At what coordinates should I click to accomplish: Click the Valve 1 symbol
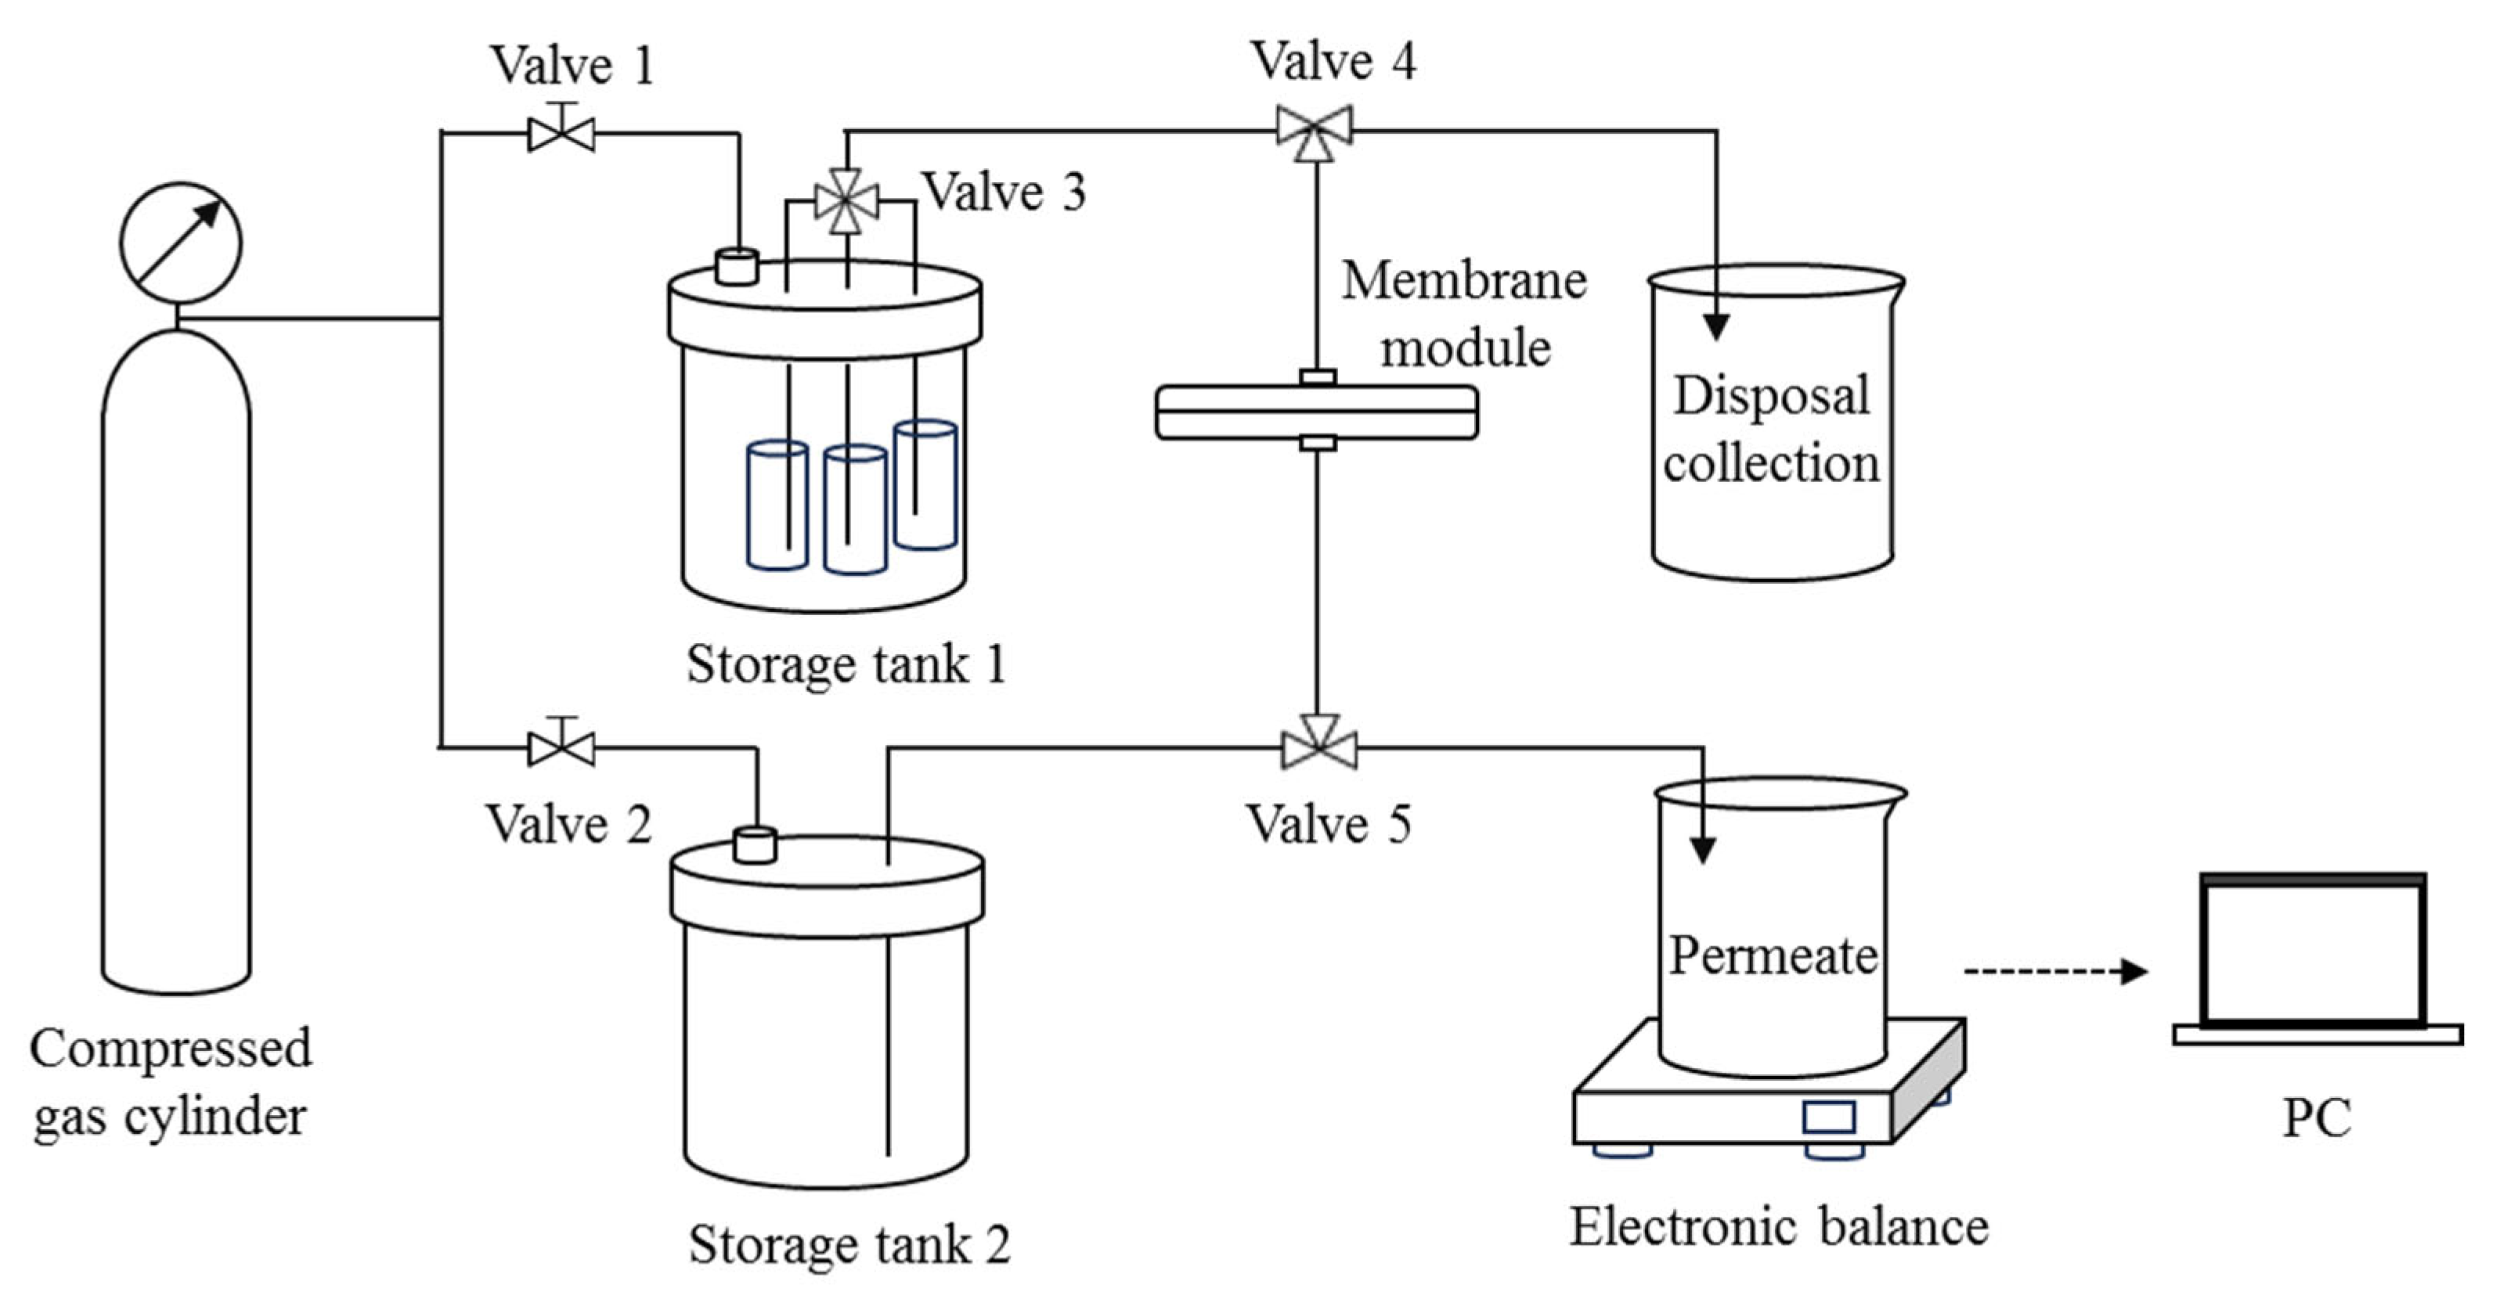click(561, 131)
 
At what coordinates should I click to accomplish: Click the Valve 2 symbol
click(561, 747)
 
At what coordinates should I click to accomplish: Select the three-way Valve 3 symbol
click(847, 201)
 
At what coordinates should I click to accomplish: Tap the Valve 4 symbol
click(1314, 131)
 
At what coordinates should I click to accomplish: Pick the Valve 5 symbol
click(1318, 747)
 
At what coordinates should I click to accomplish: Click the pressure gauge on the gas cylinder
click(180, 242)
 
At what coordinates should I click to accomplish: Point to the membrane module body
click(1316, 412)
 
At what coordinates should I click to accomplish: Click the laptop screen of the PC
click(2312, 954)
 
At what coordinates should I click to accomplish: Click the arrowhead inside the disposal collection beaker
click(1716, 326)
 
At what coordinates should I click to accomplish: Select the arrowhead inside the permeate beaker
click(1702, 848)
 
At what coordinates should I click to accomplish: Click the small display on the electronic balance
click(1828, 1117)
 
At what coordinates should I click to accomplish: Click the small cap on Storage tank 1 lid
click(737, 266)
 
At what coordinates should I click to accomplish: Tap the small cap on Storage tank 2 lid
click(755, 844)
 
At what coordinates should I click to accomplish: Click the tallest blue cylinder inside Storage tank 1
click(925, 484)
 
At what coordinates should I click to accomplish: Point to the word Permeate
click(1773, 956)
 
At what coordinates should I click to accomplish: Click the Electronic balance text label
click(1779, 1226)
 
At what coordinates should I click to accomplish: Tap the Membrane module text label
click(1463, 313)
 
